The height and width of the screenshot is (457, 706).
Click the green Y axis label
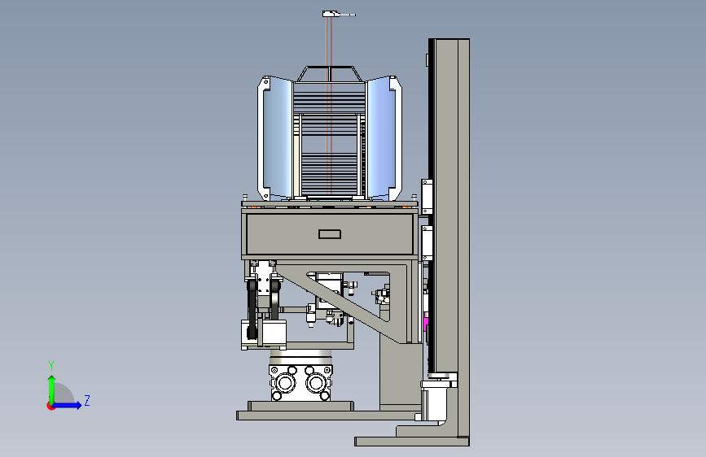[50, 366]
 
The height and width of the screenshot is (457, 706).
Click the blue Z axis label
[87, 400]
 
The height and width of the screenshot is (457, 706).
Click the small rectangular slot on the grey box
[330, 234]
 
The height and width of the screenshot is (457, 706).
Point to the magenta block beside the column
[426, 324]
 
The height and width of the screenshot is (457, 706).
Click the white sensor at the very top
[339, 14]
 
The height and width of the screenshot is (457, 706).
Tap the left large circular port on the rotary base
[285, 383]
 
